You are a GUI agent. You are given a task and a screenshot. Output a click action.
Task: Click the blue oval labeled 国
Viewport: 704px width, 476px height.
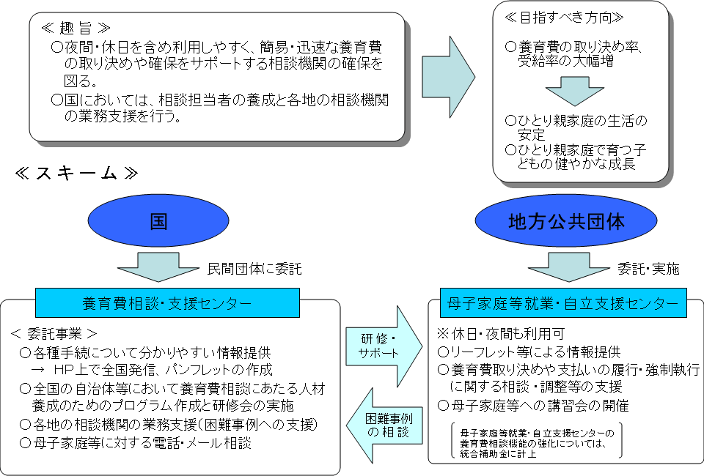pyautogui.click(x=159, y=221)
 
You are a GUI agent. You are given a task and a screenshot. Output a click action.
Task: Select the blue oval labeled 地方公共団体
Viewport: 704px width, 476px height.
pyautogui.click(x=566, y=221)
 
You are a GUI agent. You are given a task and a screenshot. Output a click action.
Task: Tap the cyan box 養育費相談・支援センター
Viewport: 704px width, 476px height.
pyautogui.click(x=167, y=302)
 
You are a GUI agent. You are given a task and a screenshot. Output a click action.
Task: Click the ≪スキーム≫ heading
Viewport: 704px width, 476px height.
pyautogui.click(x=76, y=174)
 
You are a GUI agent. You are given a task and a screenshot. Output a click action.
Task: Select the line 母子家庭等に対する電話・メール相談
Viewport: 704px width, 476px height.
pyautogui.click(x=136, y=442)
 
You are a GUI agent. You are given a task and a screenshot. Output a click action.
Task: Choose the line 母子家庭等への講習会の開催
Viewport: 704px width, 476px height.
pyautogui.click(x=533, y=405)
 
